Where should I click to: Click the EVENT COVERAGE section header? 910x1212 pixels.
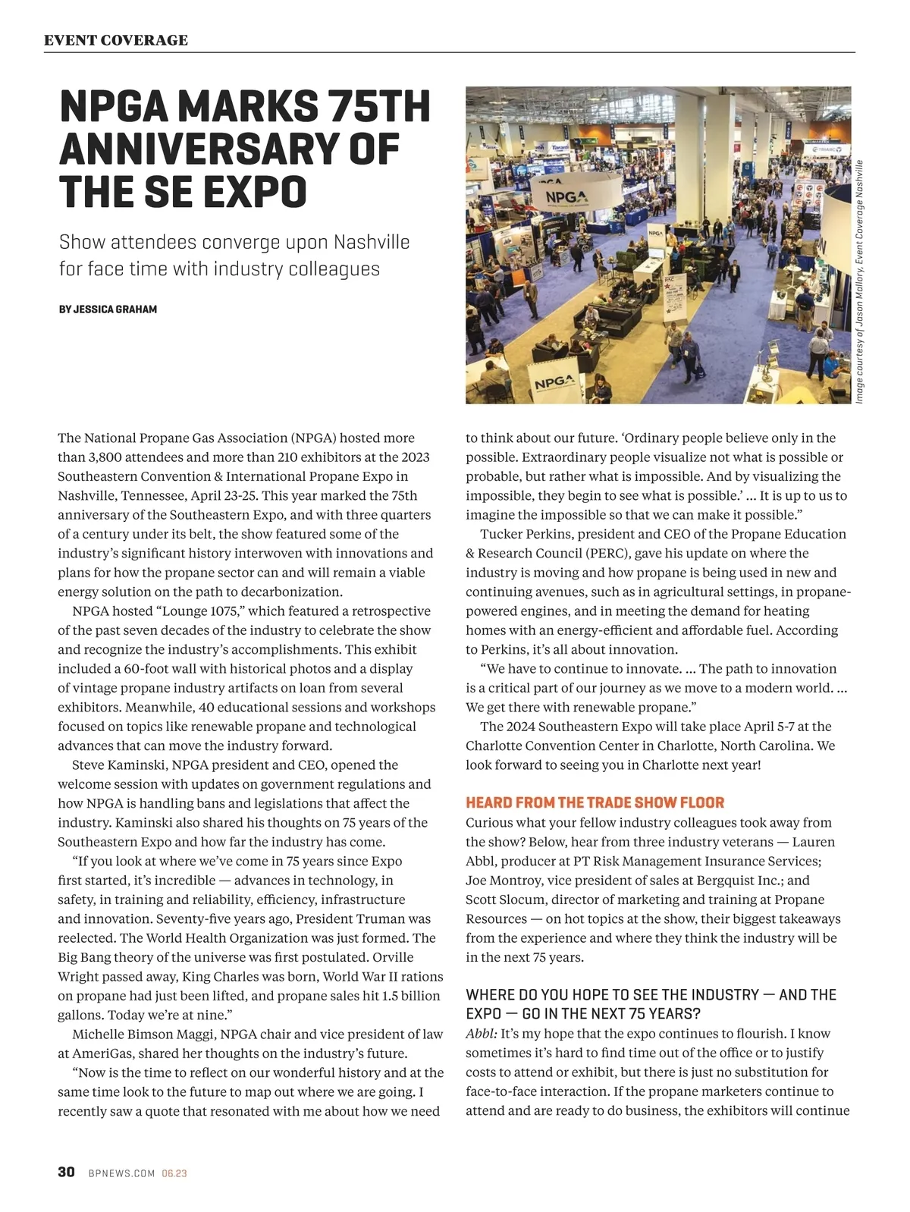coord(116,40)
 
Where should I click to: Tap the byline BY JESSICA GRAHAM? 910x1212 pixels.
coord(108,309)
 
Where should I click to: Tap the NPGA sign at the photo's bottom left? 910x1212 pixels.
coord(554,383)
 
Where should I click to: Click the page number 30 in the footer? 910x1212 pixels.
coord(66,1172)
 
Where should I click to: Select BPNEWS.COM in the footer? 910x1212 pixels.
coord(122,1173)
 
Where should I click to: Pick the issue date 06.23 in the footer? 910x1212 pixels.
coord(174,1173)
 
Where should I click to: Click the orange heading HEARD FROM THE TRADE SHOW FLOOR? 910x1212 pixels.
coord(595,802)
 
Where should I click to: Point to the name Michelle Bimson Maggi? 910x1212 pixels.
coord(143,1034)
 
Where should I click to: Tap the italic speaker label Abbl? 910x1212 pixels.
coord(482,1034)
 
